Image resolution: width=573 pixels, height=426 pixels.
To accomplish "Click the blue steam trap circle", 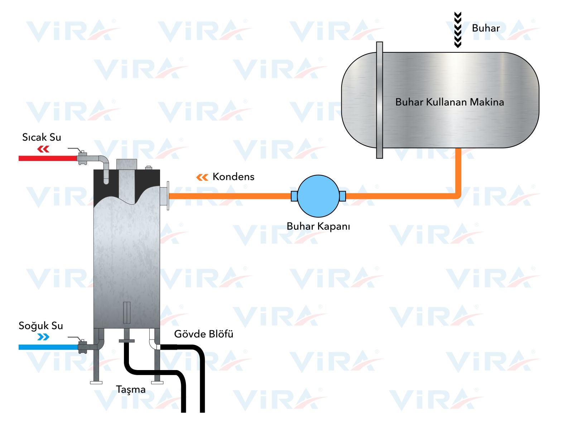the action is pos(318,196).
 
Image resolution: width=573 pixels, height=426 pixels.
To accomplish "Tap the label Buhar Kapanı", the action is pos(318,226).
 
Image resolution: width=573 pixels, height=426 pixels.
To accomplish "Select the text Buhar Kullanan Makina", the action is pos(449,102).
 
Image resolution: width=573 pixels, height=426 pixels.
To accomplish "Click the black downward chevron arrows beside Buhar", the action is pos(458,30).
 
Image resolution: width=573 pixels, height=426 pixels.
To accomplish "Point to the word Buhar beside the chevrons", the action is pos(486,28).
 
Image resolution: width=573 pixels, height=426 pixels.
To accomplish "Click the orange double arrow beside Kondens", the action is pos(202,177).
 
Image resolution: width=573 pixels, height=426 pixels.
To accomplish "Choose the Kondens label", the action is pos(233,177).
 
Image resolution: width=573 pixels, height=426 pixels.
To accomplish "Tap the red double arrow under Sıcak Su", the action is pos(43,149).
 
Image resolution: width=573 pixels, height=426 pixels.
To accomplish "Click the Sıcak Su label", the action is pos(42,137).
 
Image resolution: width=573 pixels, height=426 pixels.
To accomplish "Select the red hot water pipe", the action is pos(48,158).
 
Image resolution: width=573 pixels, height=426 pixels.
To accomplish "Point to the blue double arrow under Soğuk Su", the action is pos(43,337).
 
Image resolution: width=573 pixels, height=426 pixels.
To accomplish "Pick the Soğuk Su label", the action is pos(41,326).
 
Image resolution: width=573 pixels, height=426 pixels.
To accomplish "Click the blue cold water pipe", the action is pos(48,347).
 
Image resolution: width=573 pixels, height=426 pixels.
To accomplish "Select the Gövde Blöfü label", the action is pos(203,334).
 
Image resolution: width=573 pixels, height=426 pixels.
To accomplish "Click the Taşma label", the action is pos(131,389).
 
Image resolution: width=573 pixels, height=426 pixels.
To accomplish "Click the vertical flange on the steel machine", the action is pos(379,100).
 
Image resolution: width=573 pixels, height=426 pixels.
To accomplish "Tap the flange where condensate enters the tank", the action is pos(168,196).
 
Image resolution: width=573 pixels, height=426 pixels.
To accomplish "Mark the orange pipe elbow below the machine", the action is pos(457,195).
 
